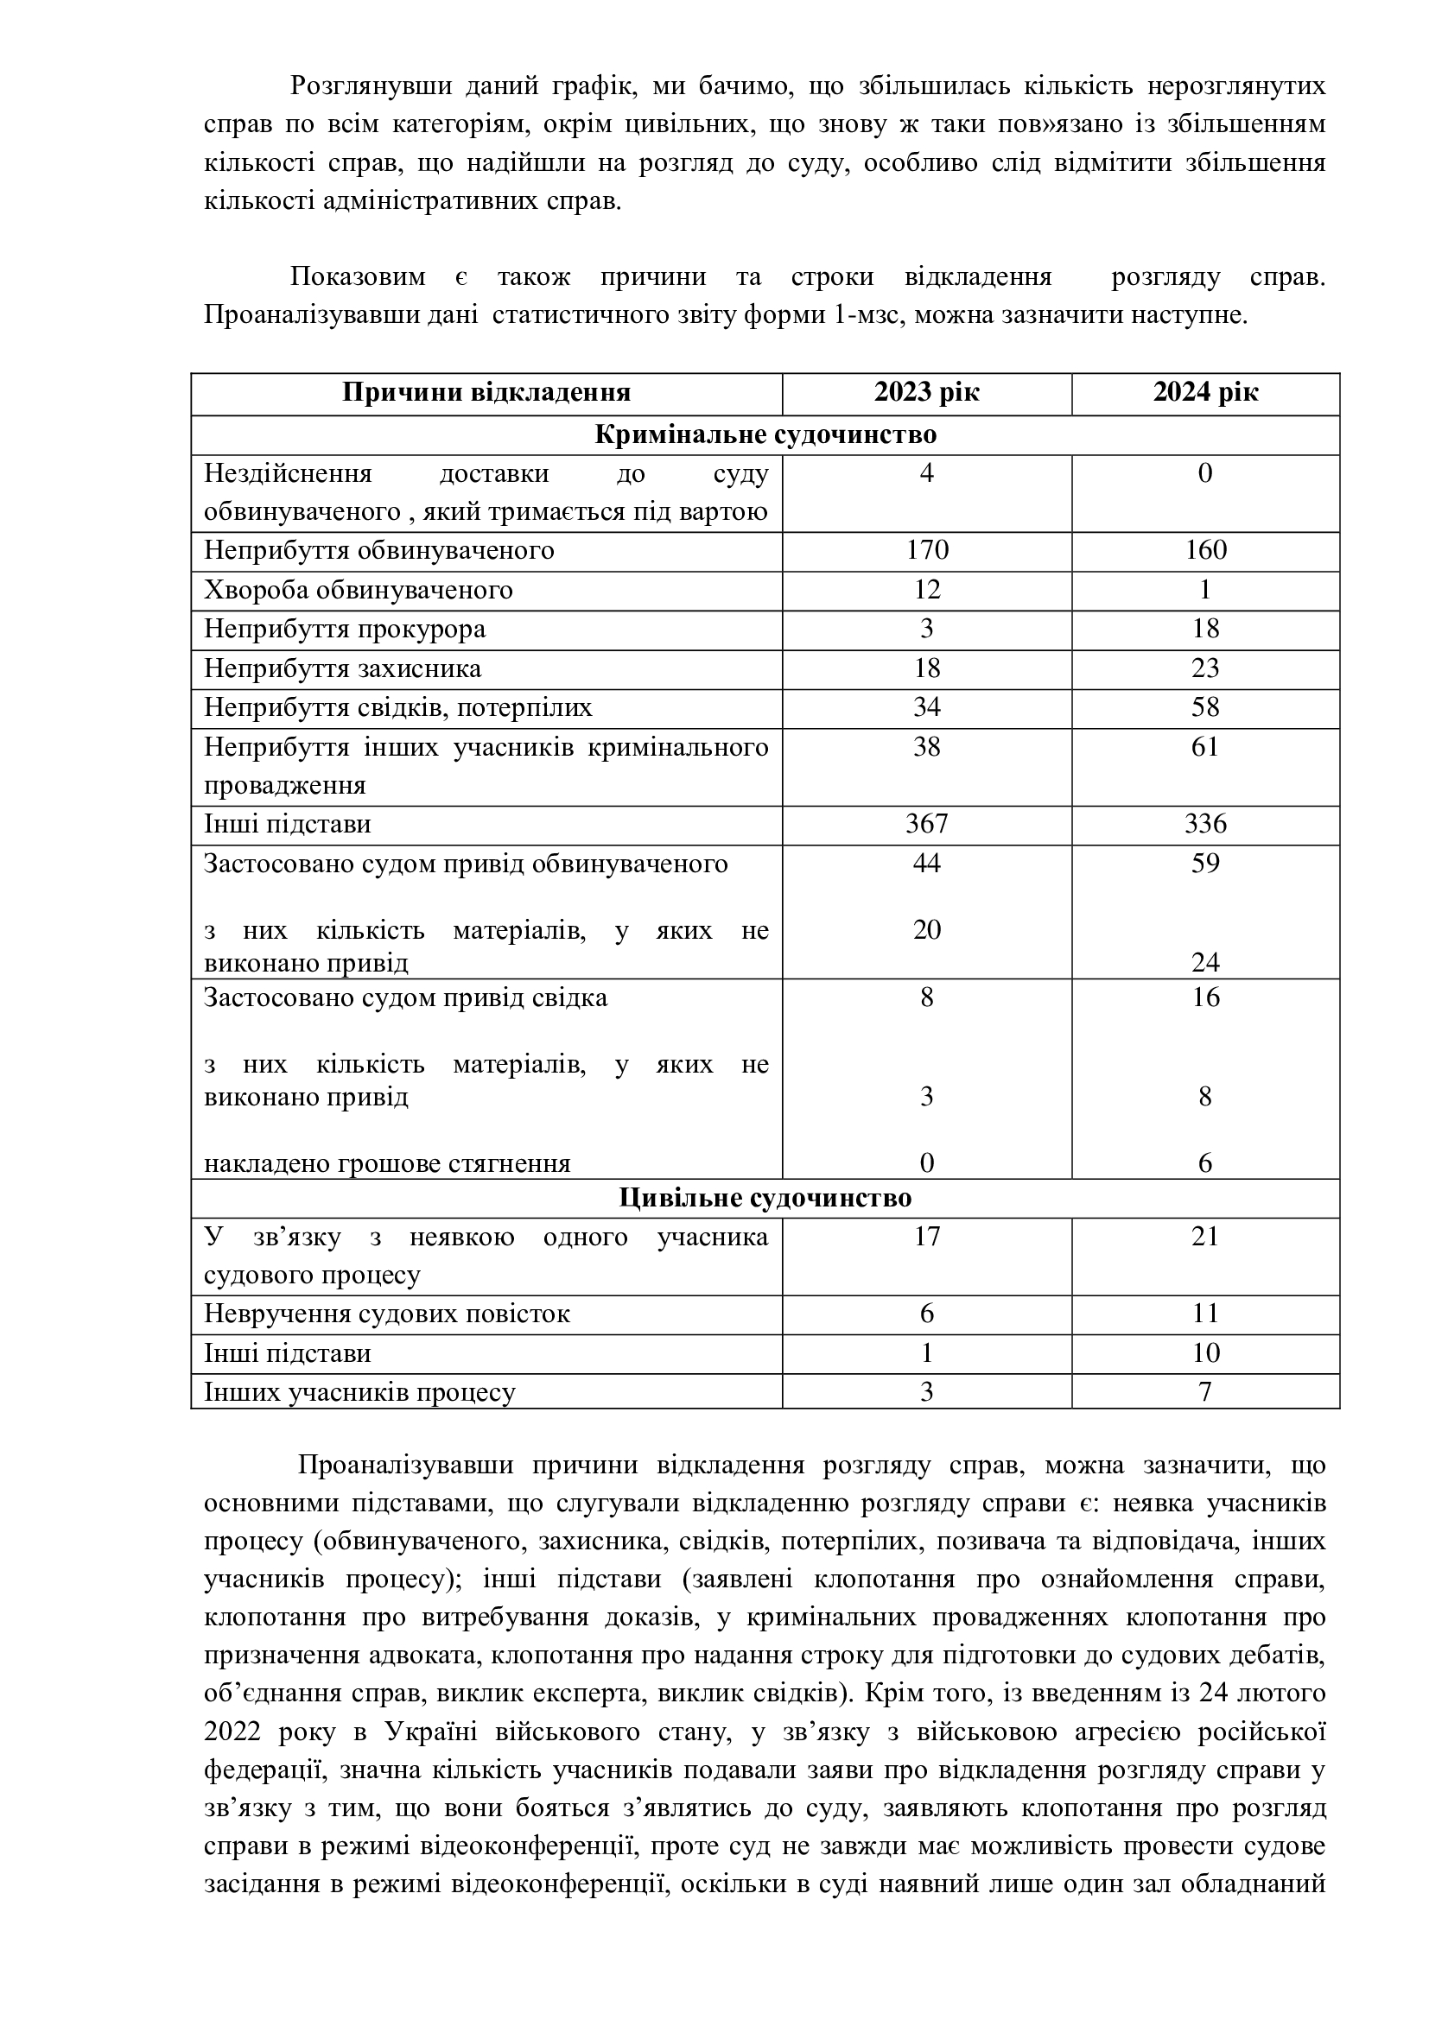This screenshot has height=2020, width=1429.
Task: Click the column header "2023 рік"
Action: (926, 392)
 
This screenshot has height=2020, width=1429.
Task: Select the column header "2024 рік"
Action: (1205, 392)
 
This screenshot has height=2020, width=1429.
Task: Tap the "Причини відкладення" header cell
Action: (486, 392)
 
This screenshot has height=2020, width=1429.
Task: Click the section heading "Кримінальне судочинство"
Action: (765, 434)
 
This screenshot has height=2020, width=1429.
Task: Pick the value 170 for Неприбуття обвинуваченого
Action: (926, 551)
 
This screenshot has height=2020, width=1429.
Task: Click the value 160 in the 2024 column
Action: (1205, 551)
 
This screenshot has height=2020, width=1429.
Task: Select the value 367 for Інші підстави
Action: (926, 825)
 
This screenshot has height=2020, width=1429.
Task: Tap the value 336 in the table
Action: (1205, 825)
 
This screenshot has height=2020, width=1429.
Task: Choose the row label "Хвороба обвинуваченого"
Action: (359, 591)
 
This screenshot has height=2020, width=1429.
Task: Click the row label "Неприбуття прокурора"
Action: (345, 630)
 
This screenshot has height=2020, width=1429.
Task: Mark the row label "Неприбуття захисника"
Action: (343, 668)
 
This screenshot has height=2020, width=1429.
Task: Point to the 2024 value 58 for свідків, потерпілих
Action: (1205, 707)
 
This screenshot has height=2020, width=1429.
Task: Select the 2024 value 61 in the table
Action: (1205, 747)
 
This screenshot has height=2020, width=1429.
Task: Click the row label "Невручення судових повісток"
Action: (387, 1314)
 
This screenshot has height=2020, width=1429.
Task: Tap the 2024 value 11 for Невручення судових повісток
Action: (1205, 1314)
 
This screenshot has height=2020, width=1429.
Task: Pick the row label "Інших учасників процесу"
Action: (360, 1393)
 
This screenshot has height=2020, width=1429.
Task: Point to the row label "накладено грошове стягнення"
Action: (387, 1164)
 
